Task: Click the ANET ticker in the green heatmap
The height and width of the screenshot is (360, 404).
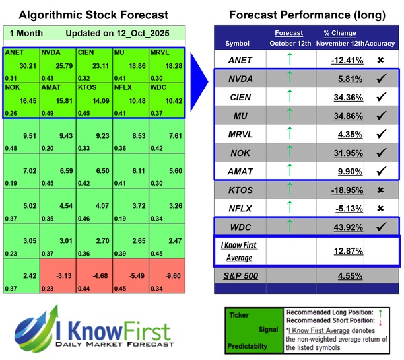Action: [x=13, y=52]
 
